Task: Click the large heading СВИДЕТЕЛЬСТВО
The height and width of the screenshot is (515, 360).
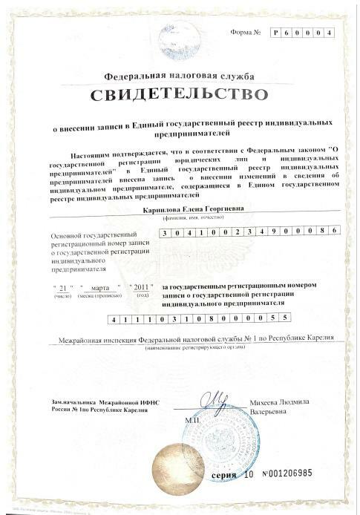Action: [179, 94]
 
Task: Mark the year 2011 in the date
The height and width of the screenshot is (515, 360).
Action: [141, 286]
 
